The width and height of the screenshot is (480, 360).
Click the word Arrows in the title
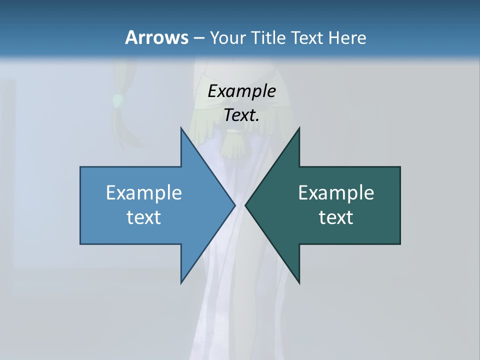[x=156, y=37]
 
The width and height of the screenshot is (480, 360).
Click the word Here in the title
[x=347, y=37]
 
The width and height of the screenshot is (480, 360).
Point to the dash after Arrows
[x=198, y=38]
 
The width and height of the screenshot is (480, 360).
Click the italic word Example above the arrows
[x=242, y=91]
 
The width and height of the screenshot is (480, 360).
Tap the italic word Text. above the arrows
[x=242, y=115]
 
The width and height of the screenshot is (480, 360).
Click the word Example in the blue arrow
[x=144, y=193]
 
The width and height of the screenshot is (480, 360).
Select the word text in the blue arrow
[x=144, y=217]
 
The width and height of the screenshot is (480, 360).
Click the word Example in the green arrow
[x=336, y=193]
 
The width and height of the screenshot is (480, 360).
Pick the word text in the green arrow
[x=336, y=217]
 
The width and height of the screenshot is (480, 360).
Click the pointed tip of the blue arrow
[x=233, y=205]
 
